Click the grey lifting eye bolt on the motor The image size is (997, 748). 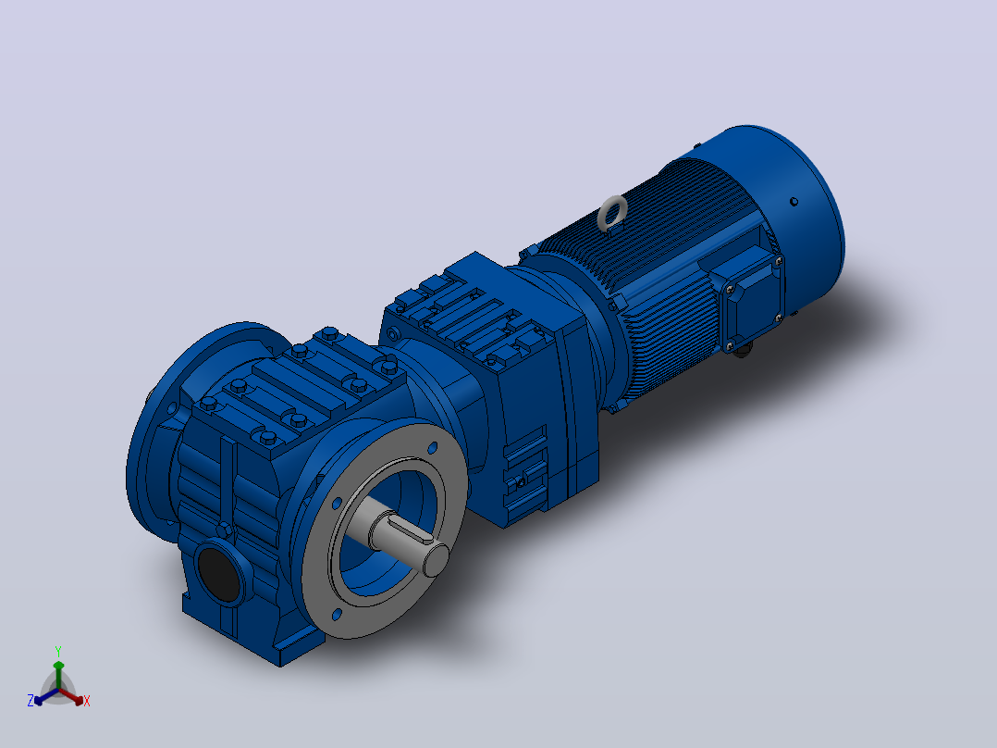coord(612,212)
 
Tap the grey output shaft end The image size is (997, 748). coord(436,559)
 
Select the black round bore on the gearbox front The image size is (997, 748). coord(219,574)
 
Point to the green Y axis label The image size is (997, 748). coord(58,652)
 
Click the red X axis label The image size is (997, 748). coord(87,702)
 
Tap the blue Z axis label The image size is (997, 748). coord(31,701)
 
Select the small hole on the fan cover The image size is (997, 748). coord(794,202)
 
